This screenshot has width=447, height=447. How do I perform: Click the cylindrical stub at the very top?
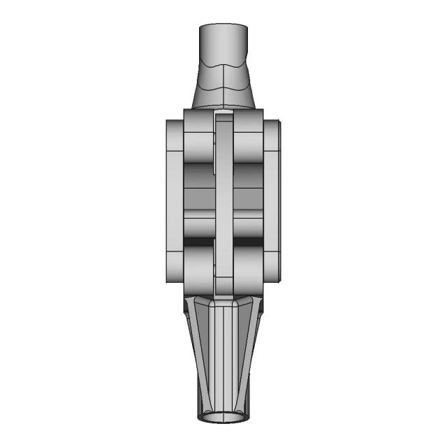click(223, 42)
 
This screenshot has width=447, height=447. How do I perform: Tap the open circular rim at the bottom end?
click(223, 418)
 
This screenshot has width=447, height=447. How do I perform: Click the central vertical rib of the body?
click(223, 203)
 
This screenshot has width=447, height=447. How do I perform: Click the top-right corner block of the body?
click(249, 133)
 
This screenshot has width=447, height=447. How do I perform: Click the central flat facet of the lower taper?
click(223, 349)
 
